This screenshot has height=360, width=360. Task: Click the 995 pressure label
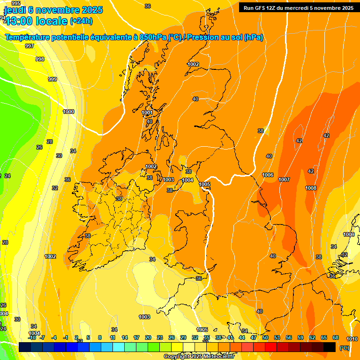click(16, 3)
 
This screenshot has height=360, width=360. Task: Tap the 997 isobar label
click(30, 46)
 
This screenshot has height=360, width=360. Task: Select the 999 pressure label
click(52, 79)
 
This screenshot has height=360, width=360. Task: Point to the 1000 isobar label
click(68, 112)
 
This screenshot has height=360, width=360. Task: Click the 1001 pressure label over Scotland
click(147, 113)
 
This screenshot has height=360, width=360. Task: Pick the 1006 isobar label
click(268, 175)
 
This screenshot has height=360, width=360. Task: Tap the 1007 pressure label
click(284, 180)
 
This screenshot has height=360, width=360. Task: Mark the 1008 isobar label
click(311, 188)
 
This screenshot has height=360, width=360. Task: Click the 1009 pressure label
click(349, 234)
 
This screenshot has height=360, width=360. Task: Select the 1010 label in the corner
click(352, 339)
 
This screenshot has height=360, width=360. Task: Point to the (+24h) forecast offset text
click(81, 21)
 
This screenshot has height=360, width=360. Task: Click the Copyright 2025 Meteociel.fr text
click(198, 356)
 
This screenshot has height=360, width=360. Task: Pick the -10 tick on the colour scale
click(32, 337)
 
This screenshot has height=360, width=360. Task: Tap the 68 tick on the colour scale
click(336, 337)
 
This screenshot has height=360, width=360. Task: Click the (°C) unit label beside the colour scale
click(345, 348)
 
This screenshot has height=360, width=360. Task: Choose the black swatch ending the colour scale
click(330, 347)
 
